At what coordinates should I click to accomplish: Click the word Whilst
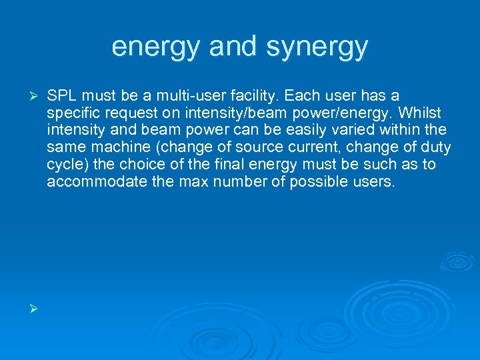click(x=420, y=113)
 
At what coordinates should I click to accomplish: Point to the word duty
click(x=437, y=147)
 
